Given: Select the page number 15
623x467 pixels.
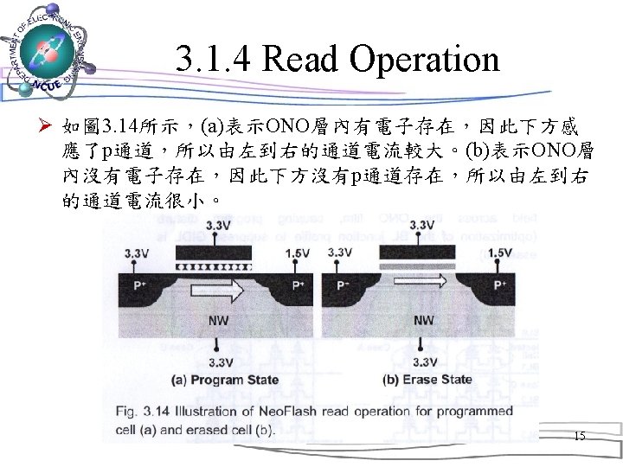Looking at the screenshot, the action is pos(579,437).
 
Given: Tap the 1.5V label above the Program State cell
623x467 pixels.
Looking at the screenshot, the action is pos(298,253).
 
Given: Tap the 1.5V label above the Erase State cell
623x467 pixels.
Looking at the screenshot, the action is pos(499,253).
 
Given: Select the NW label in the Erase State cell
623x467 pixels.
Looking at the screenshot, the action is pos(423,320).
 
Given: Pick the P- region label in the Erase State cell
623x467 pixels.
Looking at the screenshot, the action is pos(344,285).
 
